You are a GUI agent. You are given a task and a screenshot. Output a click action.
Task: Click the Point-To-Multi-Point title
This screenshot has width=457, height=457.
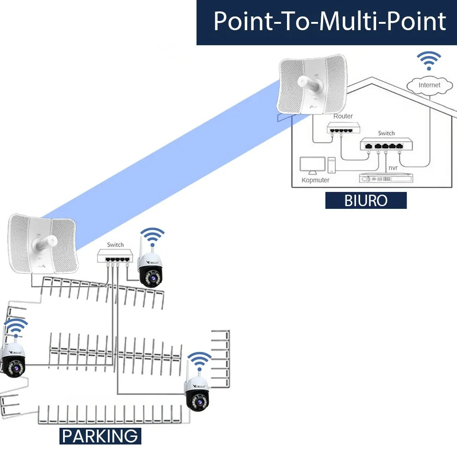click(x=329, y=21)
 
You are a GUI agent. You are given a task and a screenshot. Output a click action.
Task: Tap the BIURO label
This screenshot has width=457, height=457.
click(x=366, y=201)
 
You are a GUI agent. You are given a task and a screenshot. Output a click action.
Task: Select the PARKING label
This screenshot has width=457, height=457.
click(x=100, y=436)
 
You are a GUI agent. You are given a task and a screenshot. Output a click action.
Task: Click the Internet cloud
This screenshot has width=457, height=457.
click(x=429, y=85)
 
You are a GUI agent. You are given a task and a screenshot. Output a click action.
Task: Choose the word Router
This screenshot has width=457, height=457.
click(x=343, y=116)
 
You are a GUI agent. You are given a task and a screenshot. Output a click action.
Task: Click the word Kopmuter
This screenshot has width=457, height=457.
click(x=315, y=180)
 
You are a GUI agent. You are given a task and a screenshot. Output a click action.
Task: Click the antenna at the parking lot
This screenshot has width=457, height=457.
click(x=43, y=244)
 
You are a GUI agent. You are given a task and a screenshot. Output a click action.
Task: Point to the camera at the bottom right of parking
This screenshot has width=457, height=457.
click(x=197, y=393)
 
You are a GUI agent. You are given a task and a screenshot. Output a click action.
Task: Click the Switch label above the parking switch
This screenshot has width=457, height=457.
click(x=115, y=244)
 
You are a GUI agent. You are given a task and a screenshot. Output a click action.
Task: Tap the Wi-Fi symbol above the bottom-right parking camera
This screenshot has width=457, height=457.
click(x=200, y=361)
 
